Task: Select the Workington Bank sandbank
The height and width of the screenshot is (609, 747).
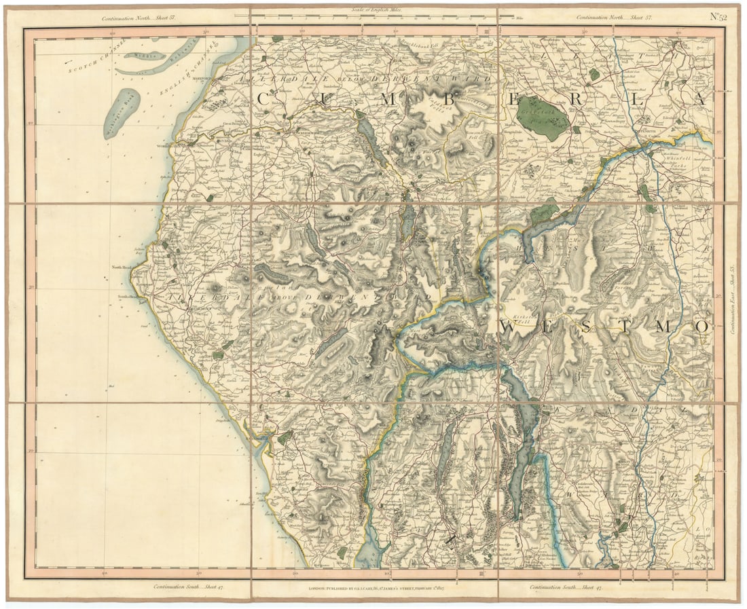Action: pos(122,113)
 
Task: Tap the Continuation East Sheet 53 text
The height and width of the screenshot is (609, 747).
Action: pos(733,299)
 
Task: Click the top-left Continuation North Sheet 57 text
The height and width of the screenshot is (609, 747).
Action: pos(139,18)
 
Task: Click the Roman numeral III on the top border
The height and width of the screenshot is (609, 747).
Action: pos(486,31)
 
